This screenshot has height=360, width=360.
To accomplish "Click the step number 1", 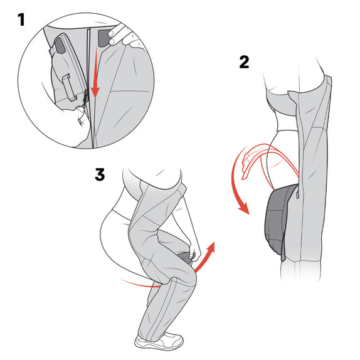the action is point(21,19).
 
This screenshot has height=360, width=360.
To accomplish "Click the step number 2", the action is point(244,62).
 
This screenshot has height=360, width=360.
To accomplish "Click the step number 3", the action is point(100,174).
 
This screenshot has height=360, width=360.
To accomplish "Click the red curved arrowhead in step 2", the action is point(245,208).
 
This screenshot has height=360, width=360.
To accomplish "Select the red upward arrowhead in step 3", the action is point(211,248).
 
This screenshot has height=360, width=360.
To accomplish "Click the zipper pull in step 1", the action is point(85,98).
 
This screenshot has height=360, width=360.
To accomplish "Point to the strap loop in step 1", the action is point(70,88).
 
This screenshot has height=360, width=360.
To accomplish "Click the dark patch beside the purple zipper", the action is point(60,45).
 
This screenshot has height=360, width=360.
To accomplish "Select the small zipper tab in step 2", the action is point(298,194).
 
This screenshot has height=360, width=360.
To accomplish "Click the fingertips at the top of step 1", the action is point(112,38).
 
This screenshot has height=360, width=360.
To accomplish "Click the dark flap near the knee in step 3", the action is point(184,258).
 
